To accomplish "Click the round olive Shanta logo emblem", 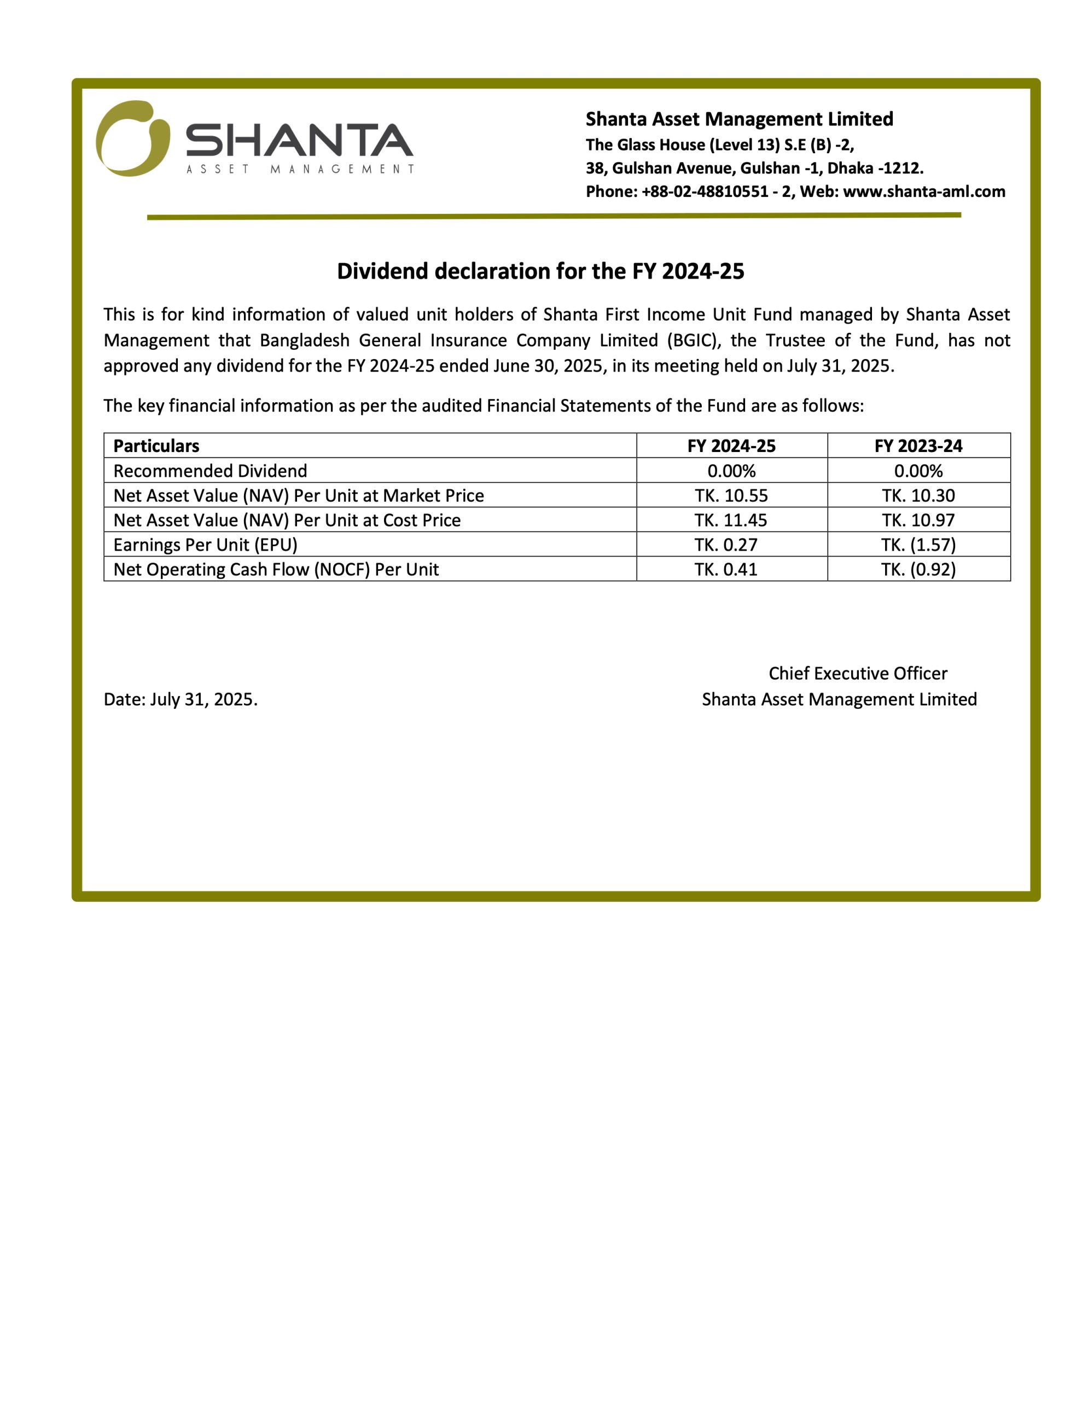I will coord(133,138).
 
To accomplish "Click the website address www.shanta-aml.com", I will coord(923,192).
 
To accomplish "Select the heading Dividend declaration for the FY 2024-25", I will coord(540,271).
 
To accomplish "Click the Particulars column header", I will coord(156,446).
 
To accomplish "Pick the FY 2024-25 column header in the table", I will coord(731,446).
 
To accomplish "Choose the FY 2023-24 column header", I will coord(918,446).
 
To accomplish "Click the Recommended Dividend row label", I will coord(211,471).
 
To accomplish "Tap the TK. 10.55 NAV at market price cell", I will coord(731,495).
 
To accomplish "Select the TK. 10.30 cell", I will coord(918,495).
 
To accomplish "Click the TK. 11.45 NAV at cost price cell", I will coord(731,520).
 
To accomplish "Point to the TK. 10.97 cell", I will coord(918,520).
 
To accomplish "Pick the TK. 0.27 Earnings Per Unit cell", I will coord(726,545).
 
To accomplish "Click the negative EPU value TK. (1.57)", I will coord(918,545).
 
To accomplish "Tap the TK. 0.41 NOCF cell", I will coord(726,570).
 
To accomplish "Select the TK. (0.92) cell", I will coord(918,570).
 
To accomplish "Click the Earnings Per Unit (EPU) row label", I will coord(205,545).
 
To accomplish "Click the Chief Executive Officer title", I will coord(858,674).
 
